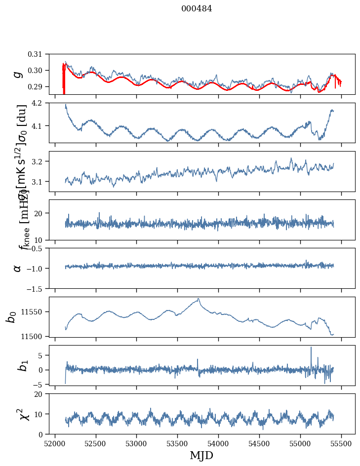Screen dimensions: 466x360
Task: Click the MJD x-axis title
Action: (x=201, y=455)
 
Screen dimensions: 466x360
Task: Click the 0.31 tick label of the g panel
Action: (x=42, y=54)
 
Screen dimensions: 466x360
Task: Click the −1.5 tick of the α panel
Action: (x=40, y=288)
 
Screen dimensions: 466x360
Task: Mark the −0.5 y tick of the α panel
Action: (x=40, y=248)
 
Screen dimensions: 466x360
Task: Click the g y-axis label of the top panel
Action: (x=18, y=74)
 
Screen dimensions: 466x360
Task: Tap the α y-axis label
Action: (x=18, y=268)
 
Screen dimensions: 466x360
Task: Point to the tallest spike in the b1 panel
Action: (x=311, y=348)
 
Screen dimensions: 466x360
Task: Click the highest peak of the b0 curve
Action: (x=199, y=299)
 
